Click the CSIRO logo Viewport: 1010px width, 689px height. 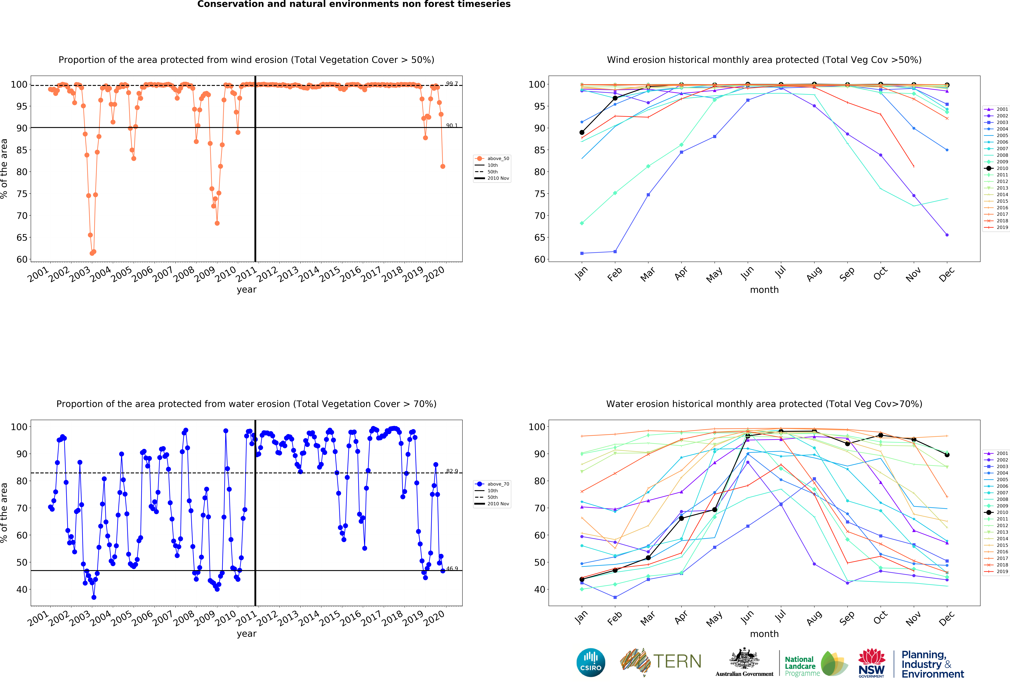(591, 662)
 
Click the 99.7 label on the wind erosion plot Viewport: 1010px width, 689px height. (451, 83)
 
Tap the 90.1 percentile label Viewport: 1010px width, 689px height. (451, 125)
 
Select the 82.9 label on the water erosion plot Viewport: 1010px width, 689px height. (451, 471)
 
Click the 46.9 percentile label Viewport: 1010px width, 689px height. (451, 569)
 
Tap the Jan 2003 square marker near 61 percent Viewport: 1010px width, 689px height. (582, 253)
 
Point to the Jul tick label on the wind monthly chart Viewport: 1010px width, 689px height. (781, 272)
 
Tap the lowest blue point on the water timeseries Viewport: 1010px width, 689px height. (94, 597)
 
